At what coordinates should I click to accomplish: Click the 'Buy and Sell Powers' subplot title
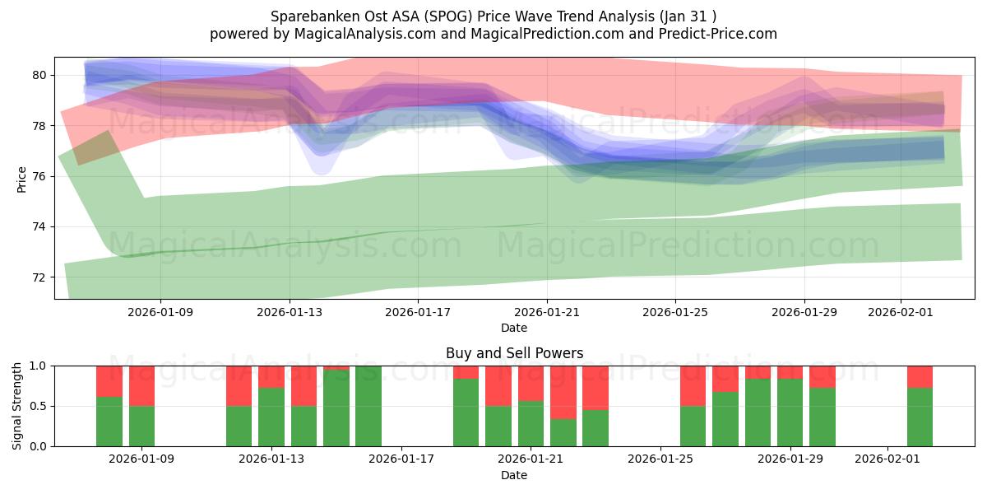click(x=514, y=353)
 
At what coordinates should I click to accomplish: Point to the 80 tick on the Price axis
click(x=39, y=75)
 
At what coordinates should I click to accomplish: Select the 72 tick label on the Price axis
click(x=39, y=277)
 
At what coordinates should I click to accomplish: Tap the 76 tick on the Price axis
click(x=39, y=176)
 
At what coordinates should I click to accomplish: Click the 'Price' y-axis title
click(x=22, y=179)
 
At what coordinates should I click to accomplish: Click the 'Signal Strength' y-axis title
click(x=17, y=405)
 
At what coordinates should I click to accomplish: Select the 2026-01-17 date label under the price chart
click(x=418, y=312)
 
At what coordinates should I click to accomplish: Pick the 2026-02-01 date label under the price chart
click(x=901, y=312)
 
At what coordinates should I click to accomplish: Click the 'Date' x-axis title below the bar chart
click(x=514, y=475)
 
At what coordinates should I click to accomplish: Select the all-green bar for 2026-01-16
click(x=368, y=406)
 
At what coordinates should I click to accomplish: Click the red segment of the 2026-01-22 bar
click(x=563, y=392)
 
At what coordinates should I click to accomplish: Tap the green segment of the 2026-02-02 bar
click(x=920, y=417)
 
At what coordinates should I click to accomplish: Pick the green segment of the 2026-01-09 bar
click(x=141, y=426)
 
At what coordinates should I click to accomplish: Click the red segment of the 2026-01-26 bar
click(x=693, y=385)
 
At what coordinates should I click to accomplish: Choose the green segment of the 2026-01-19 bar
click(x=466, y=412)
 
